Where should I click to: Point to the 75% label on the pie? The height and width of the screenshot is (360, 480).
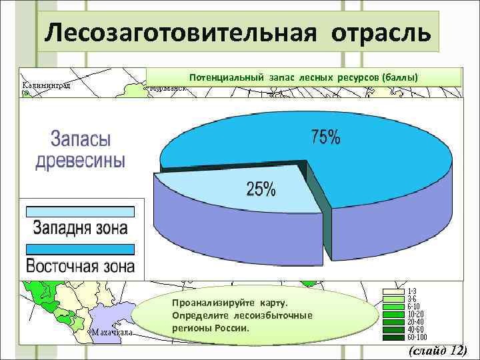pyautogui.click(x=325, y=139)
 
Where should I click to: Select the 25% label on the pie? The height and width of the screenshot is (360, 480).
pyautogui.click(x=261, y=189)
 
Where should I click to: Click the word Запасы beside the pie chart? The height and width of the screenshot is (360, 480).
pyautogui.click(x=81, y=140)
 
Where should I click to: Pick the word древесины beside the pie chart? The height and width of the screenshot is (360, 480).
pyautogui.click(x=80, y=161)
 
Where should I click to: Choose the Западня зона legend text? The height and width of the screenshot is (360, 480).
pyautogui.click(x=80, y=228)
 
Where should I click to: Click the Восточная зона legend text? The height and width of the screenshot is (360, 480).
pyautogui.click(x=80, y=266)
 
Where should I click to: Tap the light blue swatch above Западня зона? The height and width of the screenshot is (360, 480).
pyautogui.click(x=80, y=212)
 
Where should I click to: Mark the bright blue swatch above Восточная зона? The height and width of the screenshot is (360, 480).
pyautogui.click(x=80, y=249)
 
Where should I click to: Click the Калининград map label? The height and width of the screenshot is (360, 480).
pyautogui.click(x=47, y=86)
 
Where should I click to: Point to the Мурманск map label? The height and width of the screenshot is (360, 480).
pyautogui.click(x=168, y=88)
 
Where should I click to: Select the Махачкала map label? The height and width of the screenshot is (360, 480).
pyautogui.click(x=112, y=331)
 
